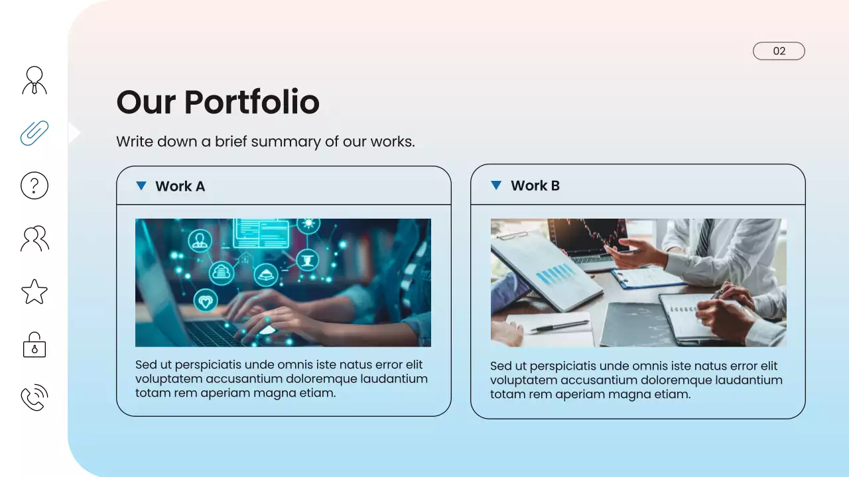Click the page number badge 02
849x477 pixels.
779,51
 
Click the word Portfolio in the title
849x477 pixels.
251,102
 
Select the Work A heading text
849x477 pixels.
180,186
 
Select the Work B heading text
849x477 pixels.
535,185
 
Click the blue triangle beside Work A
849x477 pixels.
141,185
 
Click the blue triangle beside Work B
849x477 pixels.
495,185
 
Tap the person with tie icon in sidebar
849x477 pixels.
34,79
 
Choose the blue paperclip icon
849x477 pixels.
34,132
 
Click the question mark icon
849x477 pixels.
34,185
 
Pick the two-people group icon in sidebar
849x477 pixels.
34,238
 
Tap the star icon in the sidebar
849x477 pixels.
34,291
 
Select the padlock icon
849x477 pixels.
34,344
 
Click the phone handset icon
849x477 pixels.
34,397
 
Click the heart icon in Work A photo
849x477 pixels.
206,301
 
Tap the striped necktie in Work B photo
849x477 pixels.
704,236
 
